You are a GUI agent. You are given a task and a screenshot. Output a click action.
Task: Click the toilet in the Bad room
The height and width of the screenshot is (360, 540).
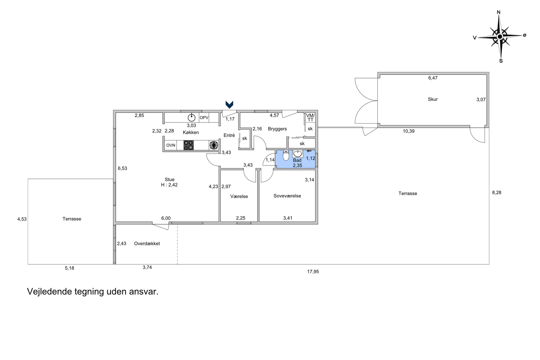[x=286, y=155]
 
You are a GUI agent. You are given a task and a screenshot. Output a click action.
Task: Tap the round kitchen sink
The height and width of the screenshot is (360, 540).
[x=191, y=117]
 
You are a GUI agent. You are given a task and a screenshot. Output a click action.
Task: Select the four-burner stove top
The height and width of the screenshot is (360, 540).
[x=188, y=145]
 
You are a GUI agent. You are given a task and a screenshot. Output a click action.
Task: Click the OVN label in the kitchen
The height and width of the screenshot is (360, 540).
[x=171, y=145]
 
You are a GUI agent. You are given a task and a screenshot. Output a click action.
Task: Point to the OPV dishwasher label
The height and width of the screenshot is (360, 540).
[x=204, y=117]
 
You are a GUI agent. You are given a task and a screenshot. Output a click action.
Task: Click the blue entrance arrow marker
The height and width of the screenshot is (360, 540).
[x=229, y=105]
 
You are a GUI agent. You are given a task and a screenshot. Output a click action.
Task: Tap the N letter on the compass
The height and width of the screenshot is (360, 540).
[x=499, y=12]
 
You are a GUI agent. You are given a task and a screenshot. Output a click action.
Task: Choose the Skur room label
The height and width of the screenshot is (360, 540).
[x=433, y=99]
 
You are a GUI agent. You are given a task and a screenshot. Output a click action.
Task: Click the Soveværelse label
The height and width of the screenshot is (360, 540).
[x=287, y=196]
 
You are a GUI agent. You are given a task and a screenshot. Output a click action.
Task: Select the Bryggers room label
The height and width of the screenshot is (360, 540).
[x=277, y=129]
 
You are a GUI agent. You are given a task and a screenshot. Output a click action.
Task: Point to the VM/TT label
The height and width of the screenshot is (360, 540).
[x=310, y=117]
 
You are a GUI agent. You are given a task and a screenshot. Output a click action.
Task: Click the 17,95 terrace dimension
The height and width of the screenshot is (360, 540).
[x=313, y=272]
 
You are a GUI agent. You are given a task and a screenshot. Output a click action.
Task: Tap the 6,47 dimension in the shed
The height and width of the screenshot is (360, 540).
[x=433, y=78]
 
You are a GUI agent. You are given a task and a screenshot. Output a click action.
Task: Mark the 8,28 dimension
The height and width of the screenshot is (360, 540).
[x=497, y=193]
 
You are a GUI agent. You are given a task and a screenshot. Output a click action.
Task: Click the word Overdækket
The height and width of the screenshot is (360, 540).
[x=147, y=243]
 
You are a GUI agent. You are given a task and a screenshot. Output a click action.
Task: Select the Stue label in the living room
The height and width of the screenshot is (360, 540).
[x=170, y=179]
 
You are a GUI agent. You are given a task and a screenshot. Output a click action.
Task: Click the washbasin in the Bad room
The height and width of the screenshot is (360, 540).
[x=298, y=154]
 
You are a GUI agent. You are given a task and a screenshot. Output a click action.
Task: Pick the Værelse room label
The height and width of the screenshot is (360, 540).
[x=239, y=196]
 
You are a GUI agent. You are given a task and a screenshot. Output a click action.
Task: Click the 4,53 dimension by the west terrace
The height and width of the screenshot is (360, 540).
[x=22, y=219]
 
